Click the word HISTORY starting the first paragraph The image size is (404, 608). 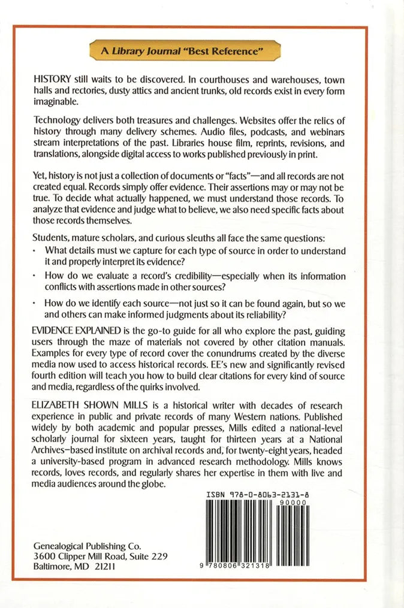click(52, 80)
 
